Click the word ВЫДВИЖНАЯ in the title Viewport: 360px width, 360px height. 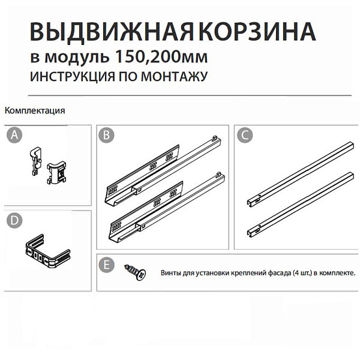click(112, 32)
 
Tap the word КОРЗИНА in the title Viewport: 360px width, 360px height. click(257, 31)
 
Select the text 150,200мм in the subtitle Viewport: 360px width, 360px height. click(161, 57)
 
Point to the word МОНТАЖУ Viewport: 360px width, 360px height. click(175, 76)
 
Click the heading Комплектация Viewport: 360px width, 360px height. click(35, 110)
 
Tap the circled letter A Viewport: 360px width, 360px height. click(14, 135)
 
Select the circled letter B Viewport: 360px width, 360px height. click(106, 135)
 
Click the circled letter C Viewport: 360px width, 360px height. click(245, 135)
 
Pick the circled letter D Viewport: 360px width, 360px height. click(14, 221)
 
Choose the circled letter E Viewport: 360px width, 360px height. click(106, 265)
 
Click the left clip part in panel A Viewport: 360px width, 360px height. click(35, 161)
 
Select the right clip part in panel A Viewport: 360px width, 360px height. click(56, 172)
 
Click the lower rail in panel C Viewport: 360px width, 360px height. click(301, 205)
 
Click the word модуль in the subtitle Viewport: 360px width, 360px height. click(77, 57)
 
